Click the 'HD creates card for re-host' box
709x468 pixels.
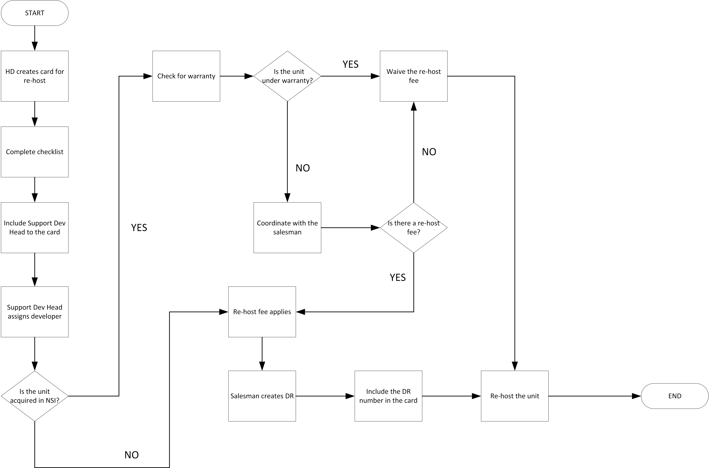[x=35, y=76]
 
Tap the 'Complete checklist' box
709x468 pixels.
[x=35, y=152]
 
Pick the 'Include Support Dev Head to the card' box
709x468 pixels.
[x=35, y=228]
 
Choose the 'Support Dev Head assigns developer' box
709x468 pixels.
[x=35, y=312]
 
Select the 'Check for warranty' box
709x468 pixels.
[x=186, y=76]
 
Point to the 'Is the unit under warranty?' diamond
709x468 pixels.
[x=287, y=76]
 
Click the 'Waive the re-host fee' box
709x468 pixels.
[x=413, y=76]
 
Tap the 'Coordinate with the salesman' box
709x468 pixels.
[x=287, y=228]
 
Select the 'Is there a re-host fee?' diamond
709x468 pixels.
[x=413, y=228]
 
